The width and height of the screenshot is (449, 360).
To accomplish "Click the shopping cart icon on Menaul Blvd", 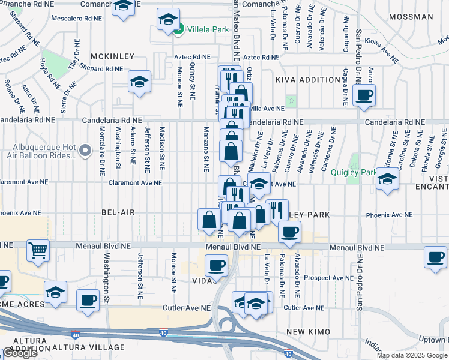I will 38,250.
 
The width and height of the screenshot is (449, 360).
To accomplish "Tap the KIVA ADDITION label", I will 308,80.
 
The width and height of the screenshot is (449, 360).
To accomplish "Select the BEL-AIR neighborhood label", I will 117,212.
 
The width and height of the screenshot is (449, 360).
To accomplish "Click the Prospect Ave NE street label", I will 328,278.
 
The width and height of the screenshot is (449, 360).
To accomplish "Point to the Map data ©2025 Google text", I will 412,355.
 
